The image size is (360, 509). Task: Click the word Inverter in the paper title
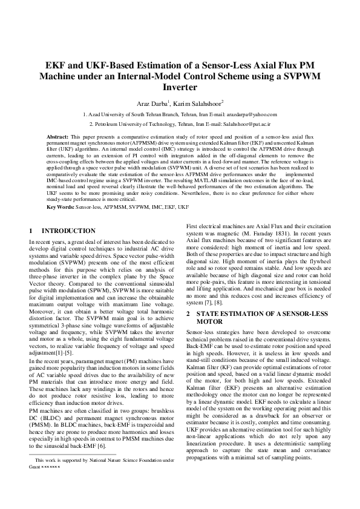click(180, 87)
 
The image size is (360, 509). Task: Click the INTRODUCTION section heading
click(68, 231)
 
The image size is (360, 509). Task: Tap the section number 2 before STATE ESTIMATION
click(189, 314)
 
